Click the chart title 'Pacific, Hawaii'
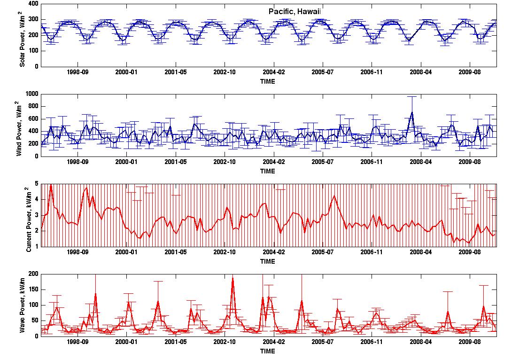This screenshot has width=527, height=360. coord(294,11)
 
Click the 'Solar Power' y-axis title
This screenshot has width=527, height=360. coord(22,39)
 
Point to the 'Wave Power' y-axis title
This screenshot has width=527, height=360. coord(22,305)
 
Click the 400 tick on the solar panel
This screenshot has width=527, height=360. coord(34,4)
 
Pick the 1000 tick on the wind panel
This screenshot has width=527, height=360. coord(32,94)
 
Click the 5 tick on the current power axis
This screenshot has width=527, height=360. coord(37,184)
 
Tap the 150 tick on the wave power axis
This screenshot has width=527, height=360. coord(34,290)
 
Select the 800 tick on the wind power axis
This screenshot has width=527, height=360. coord(34,106)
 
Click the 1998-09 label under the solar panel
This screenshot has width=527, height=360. coord(77,72)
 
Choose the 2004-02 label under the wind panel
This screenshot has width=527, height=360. coord(273,162)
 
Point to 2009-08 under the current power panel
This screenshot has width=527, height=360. coord(470,252)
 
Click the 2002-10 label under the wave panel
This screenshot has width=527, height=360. coord(225,342)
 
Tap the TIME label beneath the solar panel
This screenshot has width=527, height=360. coord(268,81)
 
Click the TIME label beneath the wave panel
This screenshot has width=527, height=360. coord(268,351)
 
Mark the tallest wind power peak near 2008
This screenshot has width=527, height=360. coord(412,112)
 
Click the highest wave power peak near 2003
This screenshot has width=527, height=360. coord(233,278)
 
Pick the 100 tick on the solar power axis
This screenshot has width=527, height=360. coord(34,51)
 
